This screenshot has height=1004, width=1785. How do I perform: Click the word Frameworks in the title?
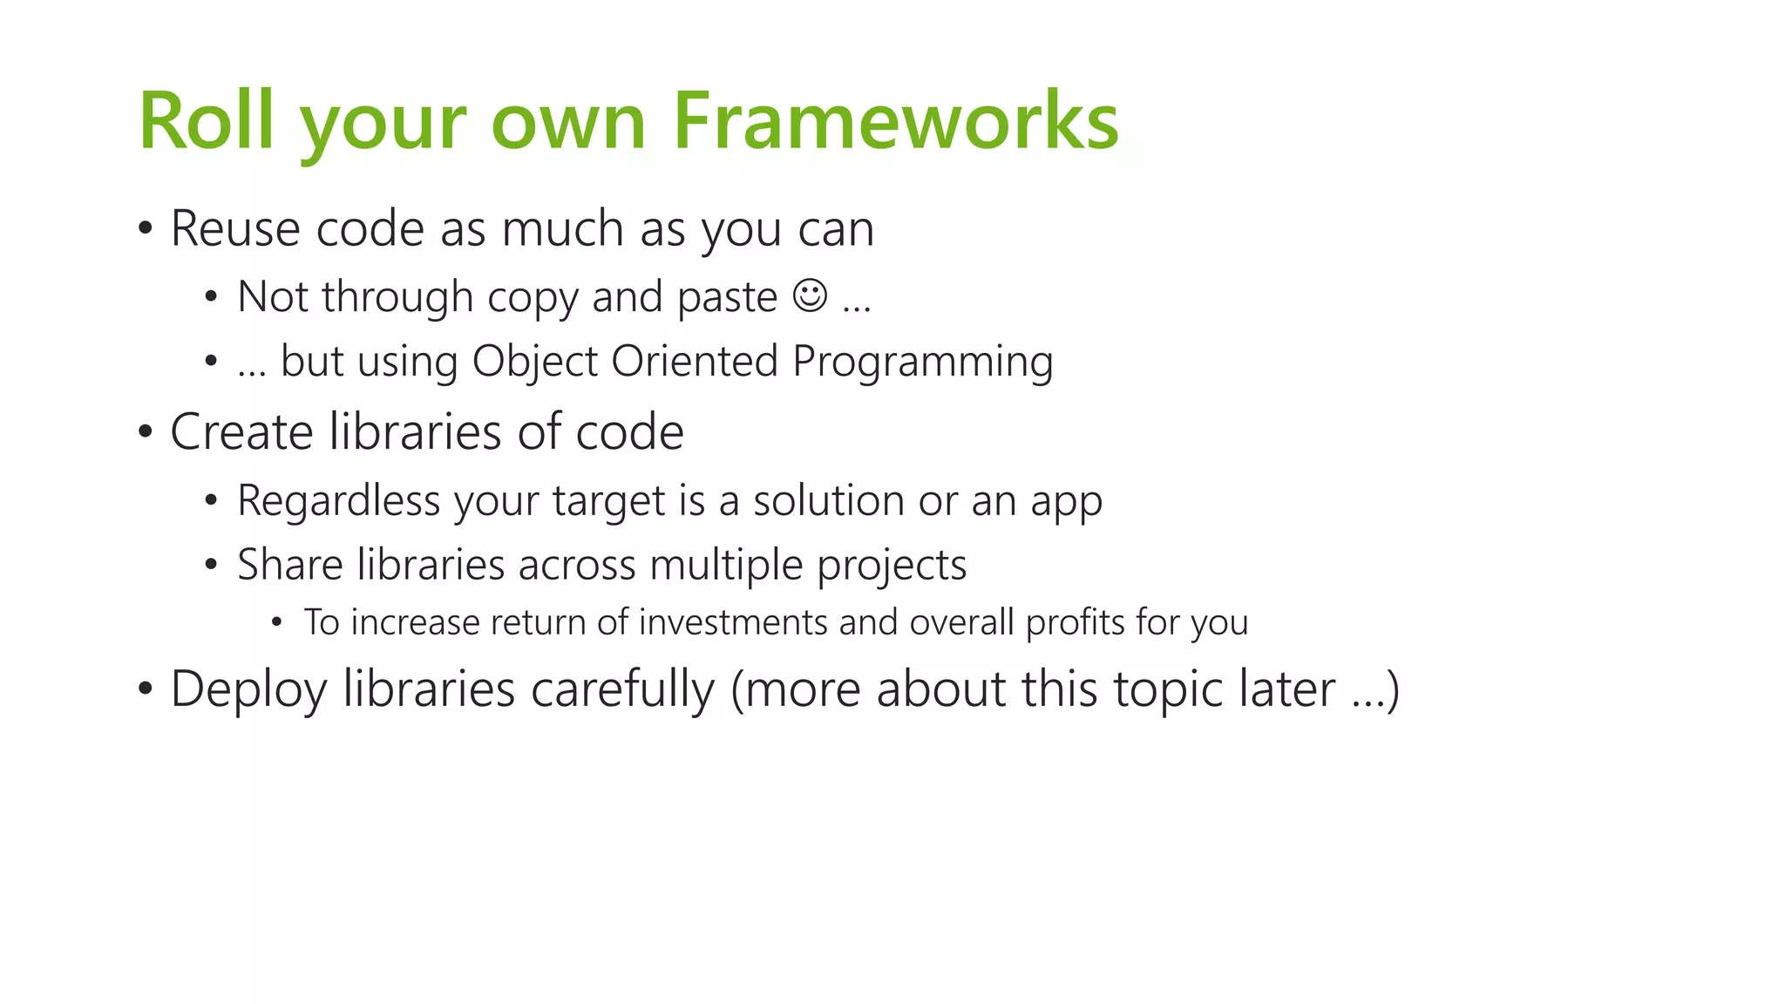895,121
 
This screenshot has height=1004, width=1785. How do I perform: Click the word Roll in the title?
206,121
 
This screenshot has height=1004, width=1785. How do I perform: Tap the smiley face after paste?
810,295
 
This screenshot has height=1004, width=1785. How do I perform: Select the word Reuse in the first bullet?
235,229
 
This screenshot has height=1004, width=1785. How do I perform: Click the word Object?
534,361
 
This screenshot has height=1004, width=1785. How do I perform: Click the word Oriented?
694,361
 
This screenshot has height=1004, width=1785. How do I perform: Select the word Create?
241,431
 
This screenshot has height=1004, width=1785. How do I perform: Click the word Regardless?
338,501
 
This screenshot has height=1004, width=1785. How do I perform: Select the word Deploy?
248,690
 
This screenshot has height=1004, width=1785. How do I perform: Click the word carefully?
622,690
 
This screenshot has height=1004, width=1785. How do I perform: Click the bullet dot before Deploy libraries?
146,689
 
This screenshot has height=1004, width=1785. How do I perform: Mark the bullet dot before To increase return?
277,622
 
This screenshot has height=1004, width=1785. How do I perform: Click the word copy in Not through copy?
533,298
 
